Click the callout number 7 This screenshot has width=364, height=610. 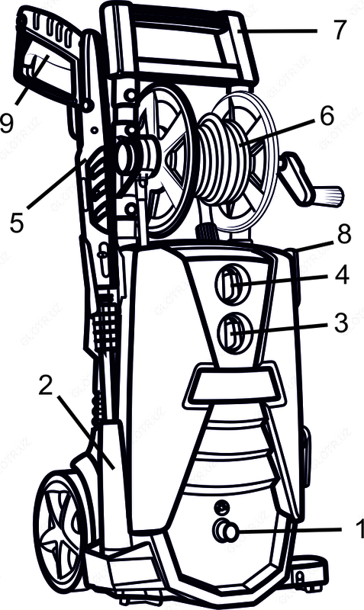coord(340,30)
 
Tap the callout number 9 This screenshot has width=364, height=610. coord(7,124)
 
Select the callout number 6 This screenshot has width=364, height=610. coord(327,116)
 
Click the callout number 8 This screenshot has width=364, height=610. coord(344,235)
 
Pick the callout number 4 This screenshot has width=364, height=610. coord(341,275)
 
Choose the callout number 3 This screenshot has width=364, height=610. coord(341,323)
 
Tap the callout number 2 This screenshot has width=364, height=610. coord(47,385)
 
